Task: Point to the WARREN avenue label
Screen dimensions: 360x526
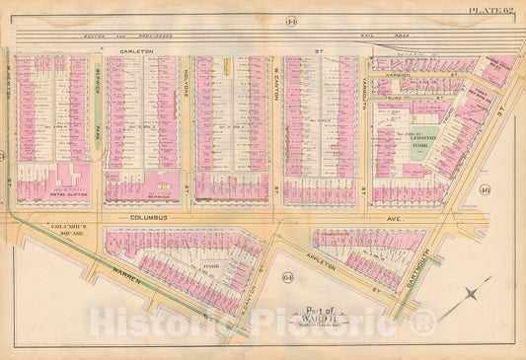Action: pos(127,286)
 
